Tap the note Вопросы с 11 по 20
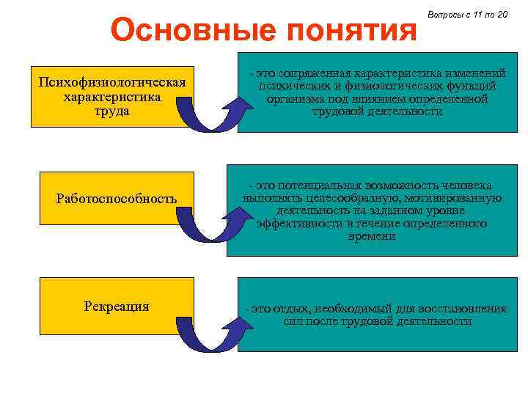coord(466,15)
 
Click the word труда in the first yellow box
coord(112,111)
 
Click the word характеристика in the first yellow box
coord(112,96)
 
